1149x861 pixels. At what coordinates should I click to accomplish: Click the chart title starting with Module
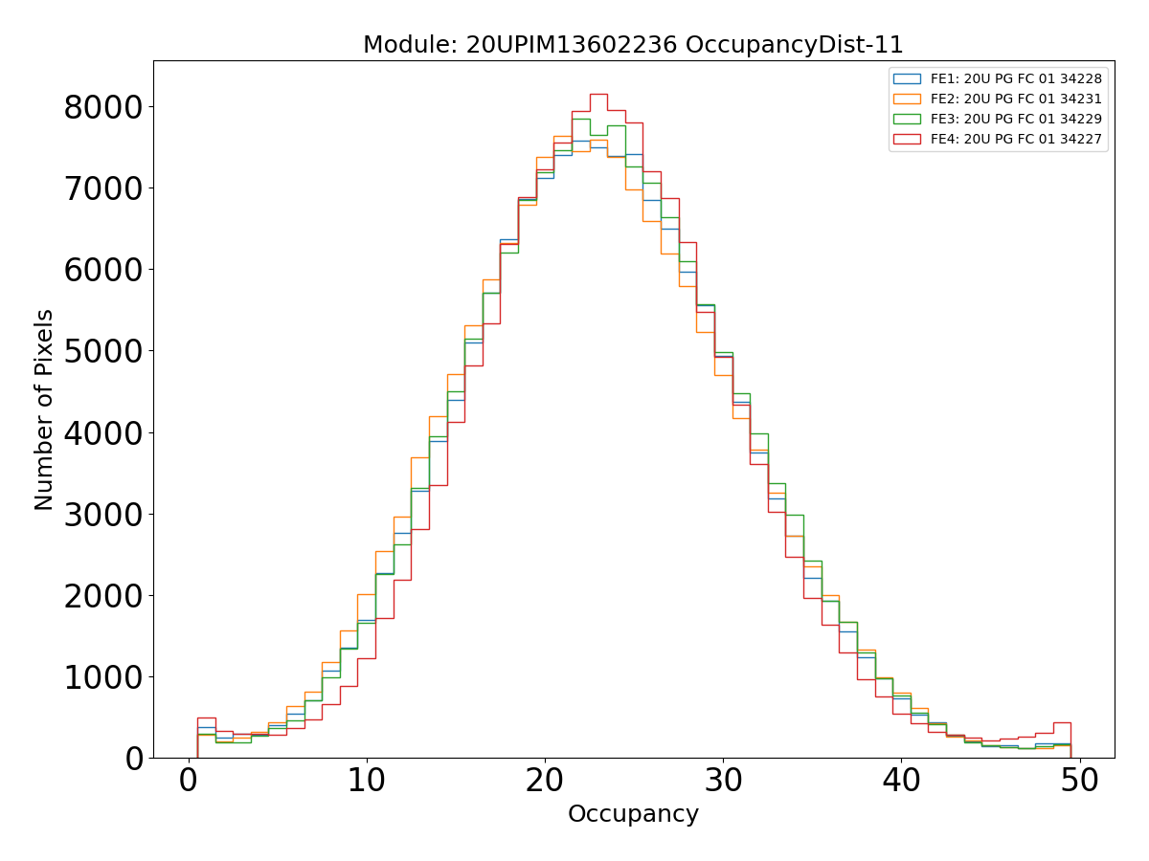tap(633, 45)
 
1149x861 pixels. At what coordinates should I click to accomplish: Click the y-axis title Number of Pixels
tap(44, 409)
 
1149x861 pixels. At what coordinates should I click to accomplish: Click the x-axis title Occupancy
tap(633, 814)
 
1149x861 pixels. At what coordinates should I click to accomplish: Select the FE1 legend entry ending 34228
tap(1016, 78)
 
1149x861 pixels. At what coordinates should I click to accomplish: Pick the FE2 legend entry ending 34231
tap(1016, 99)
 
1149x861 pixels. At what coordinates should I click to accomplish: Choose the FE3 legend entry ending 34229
tap(1016, 119)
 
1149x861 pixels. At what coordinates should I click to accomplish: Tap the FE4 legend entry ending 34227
tap(1016, 139)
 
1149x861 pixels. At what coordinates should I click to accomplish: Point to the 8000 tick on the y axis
tap(103, 107)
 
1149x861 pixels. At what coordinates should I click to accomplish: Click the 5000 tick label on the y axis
tap(103, 351)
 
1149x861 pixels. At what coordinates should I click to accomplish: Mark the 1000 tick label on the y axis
tap(103, 677)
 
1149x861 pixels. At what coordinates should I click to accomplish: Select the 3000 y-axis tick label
tap(103, 515)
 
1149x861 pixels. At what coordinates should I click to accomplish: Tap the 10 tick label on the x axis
tap(367, 781)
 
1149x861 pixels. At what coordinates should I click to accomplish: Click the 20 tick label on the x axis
tap(545, 781)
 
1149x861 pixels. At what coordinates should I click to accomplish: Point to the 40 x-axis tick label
tap(901, 781)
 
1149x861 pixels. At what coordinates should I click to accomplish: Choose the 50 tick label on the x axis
tap(1079, 781)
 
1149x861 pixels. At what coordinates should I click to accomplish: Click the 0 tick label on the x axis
tap(189, 781)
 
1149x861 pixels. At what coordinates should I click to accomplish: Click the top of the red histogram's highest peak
tap(598, 94)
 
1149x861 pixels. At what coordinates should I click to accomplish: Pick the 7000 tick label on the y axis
tap(103, 188)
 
